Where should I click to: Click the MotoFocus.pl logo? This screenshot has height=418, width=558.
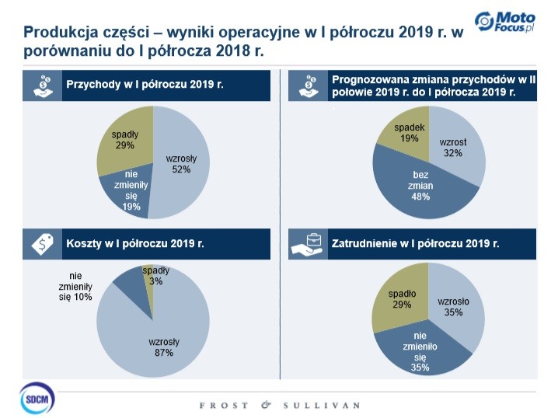pos(505,21)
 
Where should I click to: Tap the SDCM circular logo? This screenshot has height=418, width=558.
pos(37,399)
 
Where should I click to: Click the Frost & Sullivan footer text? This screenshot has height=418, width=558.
pos(280,406)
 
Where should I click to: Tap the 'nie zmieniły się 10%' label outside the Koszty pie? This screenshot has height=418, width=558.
pos(75,287)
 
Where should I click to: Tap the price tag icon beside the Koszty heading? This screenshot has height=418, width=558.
pos(42,244)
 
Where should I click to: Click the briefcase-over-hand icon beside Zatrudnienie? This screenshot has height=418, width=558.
pos(307,244)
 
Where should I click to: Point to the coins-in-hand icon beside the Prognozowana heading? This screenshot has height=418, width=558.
pos(309,85)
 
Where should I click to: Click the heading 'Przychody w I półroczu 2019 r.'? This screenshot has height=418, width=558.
pos(145,85)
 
